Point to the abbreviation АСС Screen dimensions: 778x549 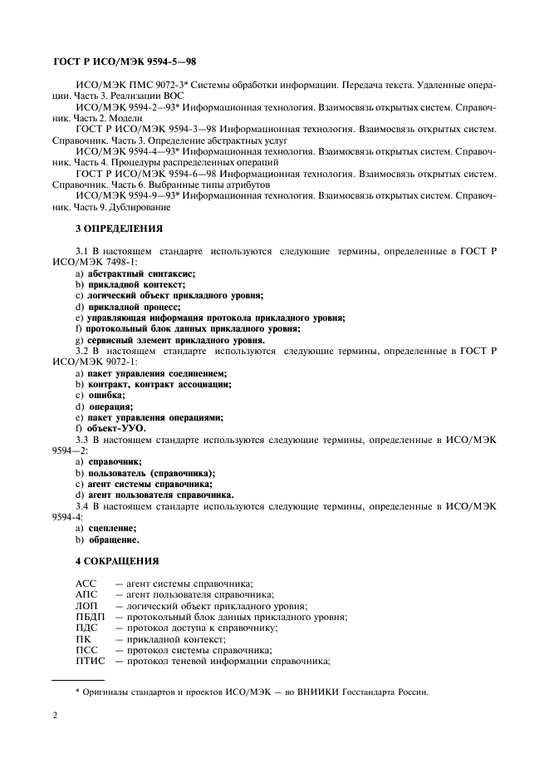(86, 584)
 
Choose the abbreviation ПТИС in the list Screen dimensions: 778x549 (91, 661)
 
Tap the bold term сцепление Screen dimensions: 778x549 (112, 528)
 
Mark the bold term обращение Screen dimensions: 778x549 (114, 539)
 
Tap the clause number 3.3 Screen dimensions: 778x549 (82, 438)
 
